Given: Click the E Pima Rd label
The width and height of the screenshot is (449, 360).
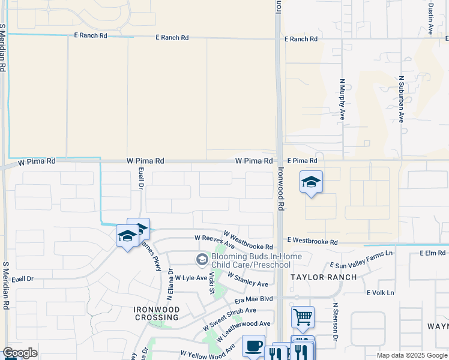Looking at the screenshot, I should click(301, 161).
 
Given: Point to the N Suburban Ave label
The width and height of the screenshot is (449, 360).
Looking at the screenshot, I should click(402, 99).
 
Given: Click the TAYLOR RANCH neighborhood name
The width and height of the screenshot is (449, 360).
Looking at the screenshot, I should click(324, 277).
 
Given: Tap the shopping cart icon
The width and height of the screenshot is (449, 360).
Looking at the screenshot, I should click(303, 316).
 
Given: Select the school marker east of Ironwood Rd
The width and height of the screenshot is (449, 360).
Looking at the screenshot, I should click(311, 181).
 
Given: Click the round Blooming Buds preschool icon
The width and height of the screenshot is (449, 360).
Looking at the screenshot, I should click(202, 259).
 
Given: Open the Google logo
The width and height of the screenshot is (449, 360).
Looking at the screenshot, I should click(20, 353).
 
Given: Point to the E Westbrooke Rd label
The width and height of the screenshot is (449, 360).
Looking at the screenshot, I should click(312, 242).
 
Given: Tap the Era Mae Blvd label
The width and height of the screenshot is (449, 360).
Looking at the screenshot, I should click(254, 299).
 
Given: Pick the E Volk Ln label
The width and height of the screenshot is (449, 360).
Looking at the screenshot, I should click(380, 293).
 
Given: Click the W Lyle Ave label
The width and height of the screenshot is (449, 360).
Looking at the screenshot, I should click(191, 278).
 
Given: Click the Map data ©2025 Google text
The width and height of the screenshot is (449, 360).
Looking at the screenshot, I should click(412, 355).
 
